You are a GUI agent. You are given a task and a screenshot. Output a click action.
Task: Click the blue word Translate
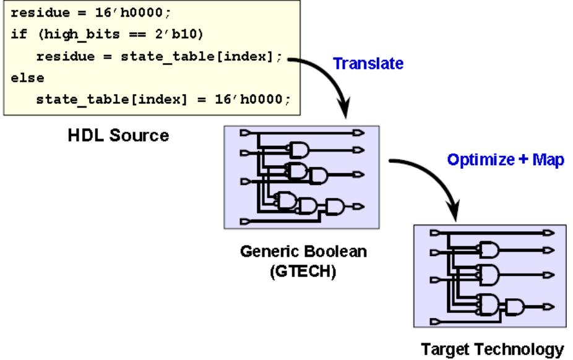click(x=368, y=63)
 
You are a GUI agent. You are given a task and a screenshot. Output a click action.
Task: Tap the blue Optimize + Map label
click(x=505, y=160)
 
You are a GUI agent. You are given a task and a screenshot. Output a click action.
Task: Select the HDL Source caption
click(x=118, y=135)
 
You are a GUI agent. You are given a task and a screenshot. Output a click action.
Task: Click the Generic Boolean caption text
click(x=303, y=252)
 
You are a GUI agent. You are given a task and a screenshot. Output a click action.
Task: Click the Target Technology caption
click(x=493, y=349)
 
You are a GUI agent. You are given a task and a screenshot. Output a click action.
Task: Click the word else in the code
click(x=27, y=78)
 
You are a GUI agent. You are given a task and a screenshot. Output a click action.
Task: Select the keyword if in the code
click(x=19, y=34)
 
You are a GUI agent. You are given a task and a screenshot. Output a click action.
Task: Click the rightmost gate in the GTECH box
click(x=337, y=206)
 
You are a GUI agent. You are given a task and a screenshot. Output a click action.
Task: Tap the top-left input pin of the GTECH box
click(x=245, y=132)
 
